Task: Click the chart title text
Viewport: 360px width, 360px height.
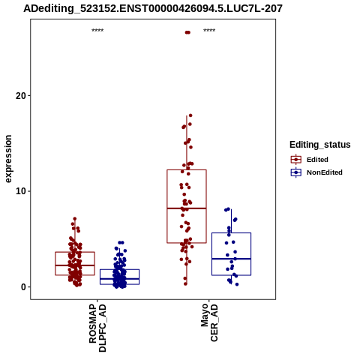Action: [153, 8]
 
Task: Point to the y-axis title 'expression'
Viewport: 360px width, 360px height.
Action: [8, 159]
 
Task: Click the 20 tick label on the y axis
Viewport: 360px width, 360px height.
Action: [21, 95]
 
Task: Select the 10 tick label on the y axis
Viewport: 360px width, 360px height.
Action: [21, 191]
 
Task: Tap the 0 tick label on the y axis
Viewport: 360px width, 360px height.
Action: [24, 287]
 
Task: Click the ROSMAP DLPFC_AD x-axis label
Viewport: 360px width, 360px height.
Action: [97, 328]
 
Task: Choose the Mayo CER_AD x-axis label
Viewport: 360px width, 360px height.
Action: [209, 322]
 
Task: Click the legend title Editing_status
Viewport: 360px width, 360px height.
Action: [320, 145]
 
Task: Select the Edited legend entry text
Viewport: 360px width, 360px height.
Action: [317, 160]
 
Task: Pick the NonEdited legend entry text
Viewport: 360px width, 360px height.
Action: [325, 172]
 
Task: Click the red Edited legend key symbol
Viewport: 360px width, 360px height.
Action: [296, 160]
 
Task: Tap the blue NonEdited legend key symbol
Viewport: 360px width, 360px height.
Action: [296, 172]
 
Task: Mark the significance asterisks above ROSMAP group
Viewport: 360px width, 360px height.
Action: [97, 31]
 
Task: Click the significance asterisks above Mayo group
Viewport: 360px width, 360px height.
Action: [209, 31]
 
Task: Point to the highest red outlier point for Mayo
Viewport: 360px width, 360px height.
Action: [187, 32]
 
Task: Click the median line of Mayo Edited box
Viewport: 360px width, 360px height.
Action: [187, 208]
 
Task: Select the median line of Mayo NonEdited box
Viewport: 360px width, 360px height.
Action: [231, 259]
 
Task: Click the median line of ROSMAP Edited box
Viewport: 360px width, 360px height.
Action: [75, 265]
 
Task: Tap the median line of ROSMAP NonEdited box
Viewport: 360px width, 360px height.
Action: [119, 278]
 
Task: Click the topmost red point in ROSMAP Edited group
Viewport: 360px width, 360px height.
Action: [74, 219]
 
